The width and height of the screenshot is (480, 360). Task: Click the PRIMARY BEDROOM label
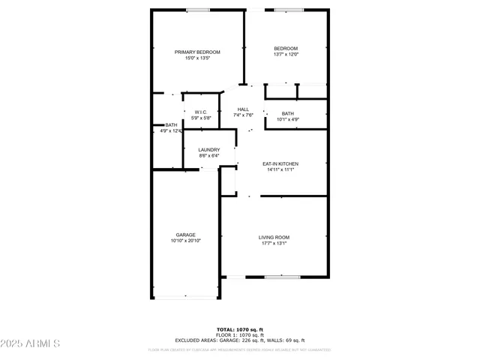198,52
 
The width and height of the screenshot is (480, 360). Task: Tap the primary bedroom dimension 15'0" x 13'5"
198,58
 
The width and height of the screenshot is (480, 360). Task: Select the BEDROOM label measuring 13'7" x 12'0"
286,49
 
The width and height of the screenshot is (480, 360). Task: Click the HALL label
244,109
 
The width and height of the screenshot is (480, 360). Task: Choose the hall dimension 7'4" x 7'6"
244,115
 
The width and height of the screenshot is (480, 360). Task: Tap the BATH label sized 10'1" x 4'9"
288,113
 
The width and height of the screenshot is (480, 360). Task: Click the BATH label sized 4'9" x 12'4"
172,125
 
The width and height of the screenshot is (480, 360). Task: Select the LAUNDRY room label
209,150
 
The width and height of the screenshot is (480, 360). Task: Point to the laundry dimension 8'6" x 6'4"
209,156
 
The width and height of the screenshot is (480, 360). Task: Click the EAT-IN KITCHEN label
280,163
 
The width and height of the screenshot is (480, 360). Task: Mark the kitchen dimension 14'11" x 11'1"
280,169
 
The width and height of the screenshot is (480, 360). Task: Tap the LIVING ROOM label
274,237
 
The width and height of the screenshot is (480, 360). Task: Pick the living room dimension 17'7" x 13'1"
274,243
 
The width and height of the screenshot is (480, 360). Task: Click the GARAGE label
186,235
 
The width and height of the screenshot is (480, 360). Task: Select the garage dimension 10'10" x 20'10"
186,241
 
